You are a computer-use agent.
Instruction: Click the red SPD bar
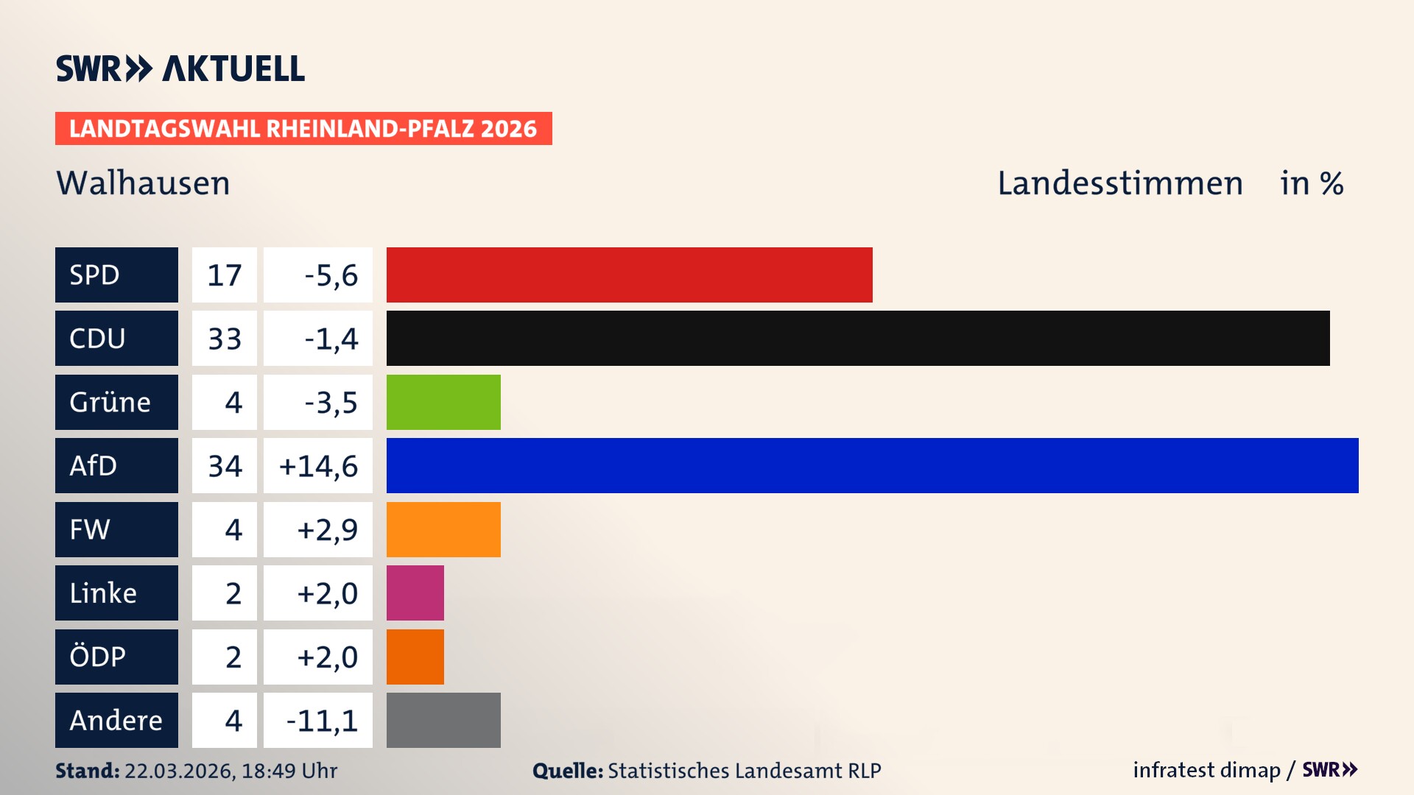[629, 275]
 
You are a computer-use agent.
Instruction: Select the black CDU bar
[858, 338]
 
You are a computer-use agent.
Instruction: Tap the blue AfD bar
[872, 465]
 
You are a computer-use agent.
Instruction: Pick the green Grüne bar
[443, 402]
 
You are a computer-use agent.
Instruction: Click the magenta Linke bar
[415, 593]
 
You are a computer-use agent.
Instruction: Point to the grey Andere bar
[443, 720]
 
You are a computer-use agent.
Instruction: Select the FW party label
[116, 529]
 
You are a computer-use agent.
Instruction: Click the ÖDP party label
[116, 657]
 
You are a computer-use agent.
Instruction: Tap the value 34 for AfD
[225, 466]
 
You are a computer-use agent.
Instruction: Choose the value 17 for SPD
[225, 275]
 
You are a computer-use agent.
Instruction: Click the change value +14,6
[318, 466]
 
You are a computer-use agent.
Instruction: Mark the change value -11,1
[322, 721]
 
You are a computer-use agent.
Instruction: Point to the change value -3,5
[331, 403]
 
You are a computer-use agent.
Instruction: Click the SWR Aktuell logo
[180, 68]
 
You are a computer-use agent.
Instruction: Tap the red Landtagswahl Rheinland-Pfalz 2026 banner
[303, 129]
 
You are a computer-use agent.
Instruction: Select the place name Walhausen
[143, 183]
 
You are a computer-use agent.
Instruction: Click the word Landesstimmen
[1119, 183]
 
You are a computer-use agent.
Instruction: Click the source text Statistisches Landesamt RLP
[744, 771]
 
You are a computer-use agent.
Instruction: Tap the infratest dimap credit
[1206, 770]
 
